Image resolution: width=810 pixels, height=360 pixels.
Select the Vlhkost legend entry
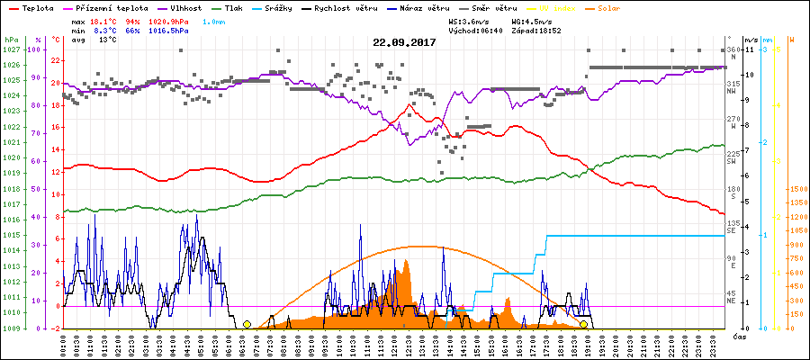(x=184, y=7)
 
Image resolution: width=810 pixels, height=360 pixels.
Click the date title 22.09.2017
(x=405, y=42)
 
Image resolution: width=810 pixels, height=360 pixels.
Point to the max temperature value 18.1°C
(x=104, y=21)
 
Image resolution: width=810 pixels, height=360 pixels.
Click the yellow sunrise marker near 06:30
(x=247, y=324)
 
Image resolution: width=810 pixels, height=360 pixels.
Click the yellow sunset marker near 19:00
(x=583, y=324)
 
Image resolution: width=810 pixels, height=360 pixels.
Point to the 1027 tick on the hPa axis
(x=12, y=49)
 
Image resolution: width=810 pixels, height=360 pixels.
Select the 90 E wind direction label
(x=732, y=258)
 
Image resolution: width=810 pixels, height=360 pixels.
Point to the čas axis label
(x=738, y=337)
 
